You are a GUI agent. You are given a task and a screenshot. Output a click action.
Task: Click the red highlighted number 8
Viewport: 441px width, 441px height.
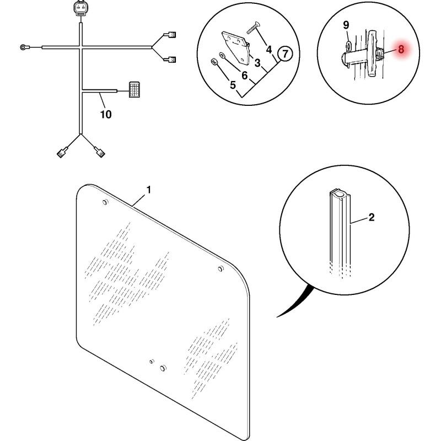click(x=401, y=49)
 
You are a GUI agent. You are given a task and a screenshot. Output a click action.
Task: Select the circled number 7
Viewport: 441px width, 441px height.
click(x=285, y=53)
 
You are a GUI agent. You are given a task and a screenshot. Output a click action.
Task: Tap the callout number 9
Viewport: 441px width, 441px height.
click(x=346, y=25)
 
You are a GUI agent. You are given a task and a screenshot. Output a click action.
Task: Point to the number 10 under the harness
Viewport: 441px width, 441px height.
click(x=106, y=114)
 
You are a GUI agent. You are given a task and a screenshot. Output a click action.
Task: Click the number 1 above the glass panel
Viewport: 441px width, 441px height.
click(x=149, y=190)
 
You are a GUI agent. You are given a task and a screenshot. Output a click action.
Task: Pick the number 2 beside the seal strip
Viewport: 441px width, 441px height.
click(x=371, y=217)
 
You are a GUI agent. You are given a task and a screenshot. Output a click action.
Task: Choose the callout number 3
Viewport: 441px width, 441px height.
click(x=257, y=63)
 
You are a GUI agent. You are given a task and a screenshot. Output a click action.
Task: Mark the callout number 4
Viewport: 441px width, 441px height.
click(x=269, y=50)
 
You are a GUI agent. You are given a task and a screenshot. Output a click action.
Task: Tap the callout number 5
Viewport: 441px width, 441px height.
click(x=233, y=85)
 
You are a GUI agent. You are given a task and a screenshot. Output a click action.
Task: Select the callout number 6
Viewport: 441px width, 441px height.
click(x=244, y=75)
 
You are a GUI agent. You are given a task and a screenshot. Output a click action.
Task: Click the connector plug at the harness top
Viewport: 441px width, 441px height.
click(x=80, y=8)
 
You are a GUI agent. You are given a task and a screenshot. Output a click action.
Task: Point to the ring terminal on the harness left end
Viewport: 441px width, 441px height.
click(x=23, y=47)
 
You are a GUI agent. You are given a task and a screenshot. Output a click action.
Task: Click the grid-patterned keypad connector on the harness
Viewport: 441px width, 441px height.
click(x=134, y=90)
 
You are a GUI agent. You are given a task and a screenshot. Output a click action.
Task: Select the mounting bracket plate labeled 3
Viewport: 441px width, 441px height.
click(x=236, y=47)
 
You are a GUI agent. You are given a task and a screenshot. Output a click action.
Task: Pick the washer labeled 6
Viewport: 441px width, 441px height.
click(x=222, y=54)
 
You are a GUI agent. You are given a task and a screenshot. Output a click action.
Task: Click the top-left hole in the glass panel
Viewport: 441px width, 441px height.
click(x=105, y=202)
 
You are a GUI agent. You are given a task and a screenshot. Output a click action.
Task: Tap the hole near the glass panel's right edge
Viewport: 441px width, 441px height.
click(x=221, y=269)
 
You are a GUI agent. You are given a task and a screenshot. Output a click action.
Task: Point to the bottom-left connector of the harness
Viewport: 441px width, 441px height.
click(x=61, y=153)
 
